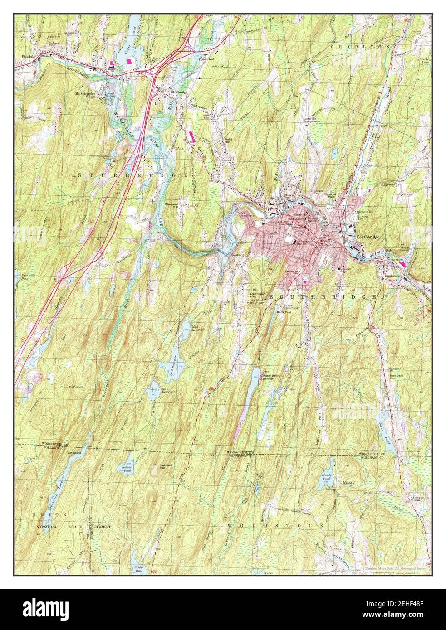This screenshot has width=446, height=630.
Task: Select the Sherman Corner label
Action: [x=417, y=499]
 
